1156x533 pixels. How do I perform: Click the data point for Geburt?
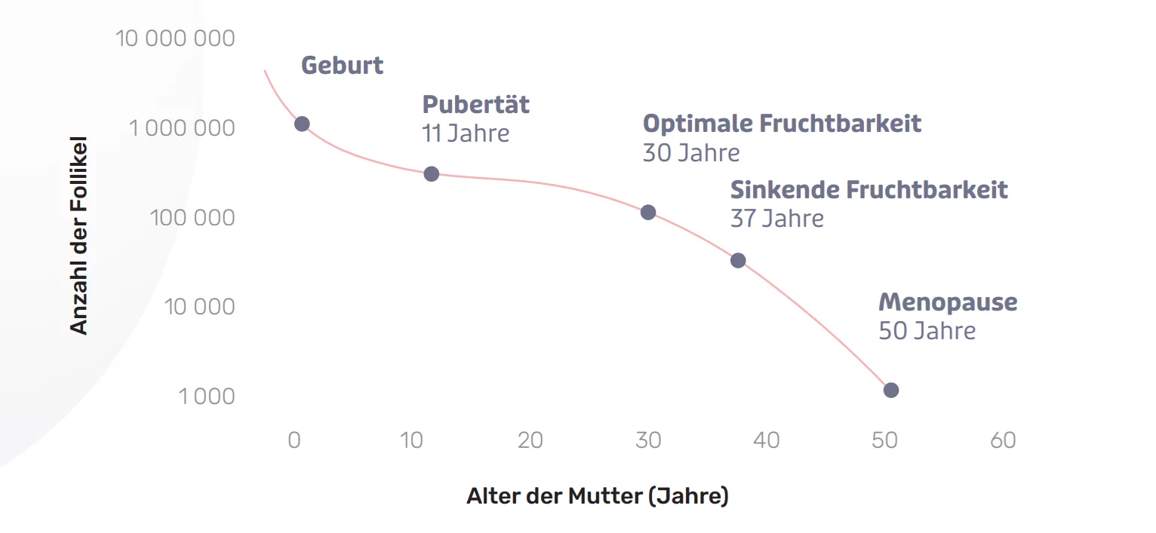tap(302, 124)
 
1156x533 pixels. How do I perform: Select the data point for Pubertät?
tap(432, 174)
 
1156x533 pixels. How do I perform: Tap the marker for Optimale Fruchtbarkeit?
tap(648, 213)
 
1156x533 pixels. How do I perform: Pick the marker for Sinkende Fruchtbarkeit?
tap(738, 261)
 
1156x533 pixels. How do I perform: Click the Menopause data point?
tap(891, 390)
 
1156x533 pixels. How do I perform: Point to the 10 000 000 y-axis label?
tap(175, 38)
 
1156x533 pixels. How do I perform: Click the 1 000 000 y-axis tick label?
tap(182, 128)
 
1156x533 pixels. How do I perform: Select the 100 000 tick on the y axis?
tap(192, 218)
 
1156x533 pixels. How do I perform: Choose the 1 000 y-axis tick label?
tap(206, 396)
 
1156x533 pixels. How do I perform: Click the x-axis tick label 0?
tap(294, 440)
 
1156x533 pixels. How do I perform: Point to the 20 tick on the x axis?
tap(530, 440)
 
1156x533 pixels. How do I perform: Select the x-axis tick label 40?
tap(767, 440)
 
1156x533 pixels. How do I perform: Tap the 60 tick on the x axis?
tap(1003, 440)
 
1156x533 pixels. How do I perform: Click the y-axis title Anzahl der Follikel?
tap(79, 235)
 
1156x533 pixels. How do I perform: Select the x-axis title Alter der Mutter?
tap(597, 497)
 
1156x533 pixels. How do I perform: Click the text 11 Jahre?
tap(466, 134)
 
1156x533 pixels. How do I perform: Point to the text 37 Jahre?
tap(776, 219)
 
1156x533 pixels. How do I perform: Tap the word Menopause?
tap(948, 302)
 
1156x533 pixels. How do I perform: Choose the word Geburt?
tap(342, 66)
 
